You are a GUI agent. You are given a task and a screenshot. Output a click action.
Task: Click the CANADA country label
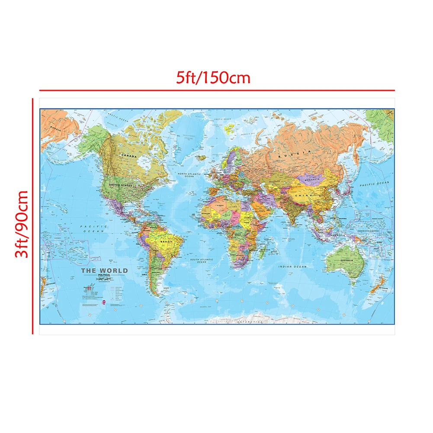[129, 155]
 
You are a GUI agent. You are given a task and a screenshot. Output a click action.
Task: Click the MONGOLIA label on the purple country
[312, 180]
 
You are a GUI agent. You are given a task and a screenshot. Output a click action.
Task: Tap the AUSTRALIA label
[346, 260]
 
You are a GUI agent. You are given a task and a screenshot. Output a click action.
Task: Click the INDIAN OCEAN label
[292, 267]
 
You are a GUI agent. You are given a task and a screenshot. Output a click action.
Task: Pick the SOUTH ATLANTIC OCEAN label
[202, 261]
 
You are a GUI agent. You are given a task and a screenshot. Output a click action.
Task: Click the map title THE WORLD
[105, 271]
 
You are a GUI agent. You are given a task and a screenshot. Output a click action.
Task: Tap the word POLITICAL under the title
[104, 276]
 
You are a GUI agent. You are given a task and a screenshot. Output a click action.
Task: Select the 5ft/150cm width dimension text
[213, 78]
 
